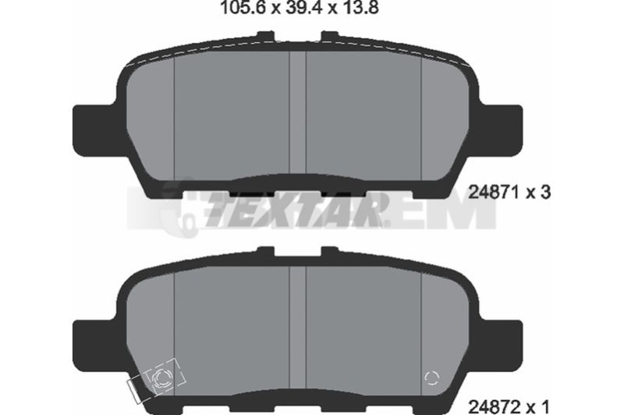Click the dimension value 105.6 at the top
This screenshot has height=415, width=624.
243,8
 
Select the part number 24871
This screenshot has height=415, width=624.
494,193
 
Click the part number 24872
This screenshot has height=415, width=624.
494,407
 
